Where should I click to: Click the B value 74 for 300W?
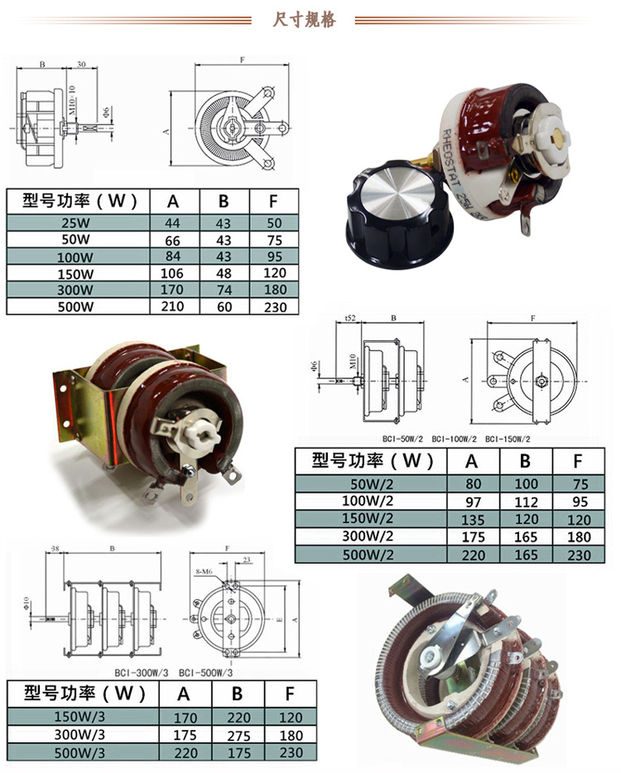pos(224,290)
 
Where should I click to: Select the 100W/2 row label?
pos(372,500)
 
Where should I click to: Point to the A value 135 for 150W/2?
pos(473,520)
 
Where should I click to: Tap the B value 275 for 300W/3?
pos(237,735)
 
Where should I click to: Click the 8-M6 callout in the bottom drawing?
pos(205,571)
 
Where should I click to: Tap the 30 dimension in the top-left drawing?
pos(81,64)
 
